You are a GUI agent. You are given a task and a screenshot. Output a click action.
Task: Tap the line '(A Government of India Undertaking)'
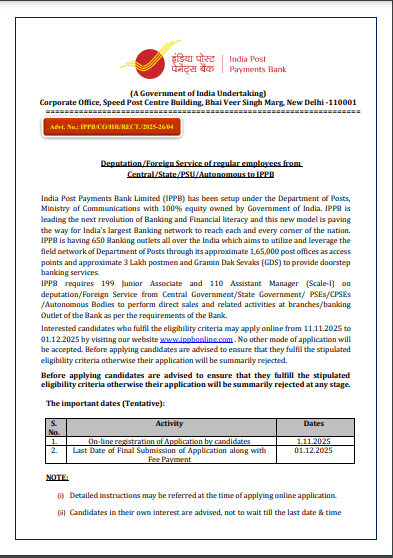(x=195, y=93)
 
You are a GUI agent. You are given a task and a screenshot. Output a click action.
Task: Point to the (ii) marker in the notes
(x=61, y=513)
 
